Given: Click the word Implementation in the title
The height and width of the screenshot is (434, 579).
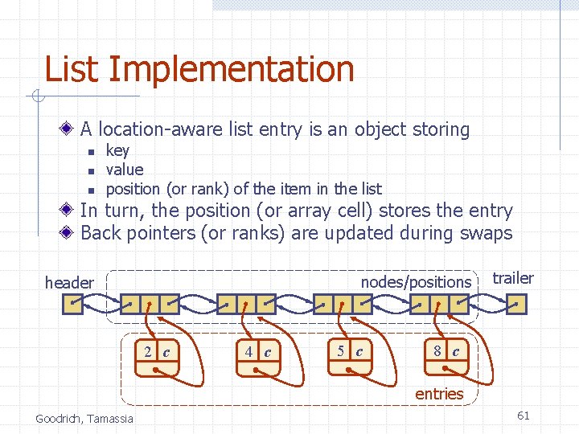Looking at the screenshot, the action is click(x=231, y=70).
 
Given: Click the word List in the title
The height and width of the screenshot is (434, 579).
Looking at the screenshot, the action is click(x=72, y=69).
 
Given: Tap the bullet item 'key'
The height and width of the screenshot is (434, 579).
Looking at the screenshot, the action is click(x=117, y=150).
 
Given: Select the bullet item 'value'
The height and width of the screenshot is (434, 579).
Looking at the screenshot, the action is click(x=125, y=170).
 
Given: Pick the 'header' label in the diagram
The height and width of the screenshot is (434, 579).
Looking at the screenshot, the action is click(x=69, y=282).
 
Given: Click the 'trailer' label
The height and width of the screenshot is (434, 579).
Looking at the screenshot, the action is click(x=512, y=278).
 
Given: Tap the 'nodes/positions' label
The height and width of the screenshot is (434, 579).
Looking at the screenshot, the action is click(x=416, y=282).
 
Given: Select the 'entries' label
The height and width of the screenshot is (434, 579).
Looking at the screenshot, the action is click(x=439, y=394).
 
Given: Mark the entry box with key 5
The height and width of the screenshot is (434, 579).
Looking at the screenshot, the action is click(x=351, y=359).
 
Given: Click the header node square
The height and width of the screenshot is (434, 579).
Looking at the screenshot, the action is click(x=73, y=304).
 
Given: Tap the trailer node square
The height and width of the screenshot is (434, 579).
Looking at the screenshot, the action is click(x=516, y=304).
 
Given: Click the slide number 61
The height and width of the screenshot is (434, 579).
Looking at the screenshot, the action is click(x=523, y=416).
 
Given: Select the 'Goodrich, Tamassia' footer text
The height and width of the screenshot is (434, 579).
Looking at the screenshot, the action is click(x=84, y=419).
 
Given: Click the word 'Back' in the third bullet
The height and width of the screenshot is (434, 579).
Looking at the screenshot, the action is click(x=101, y=233).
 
